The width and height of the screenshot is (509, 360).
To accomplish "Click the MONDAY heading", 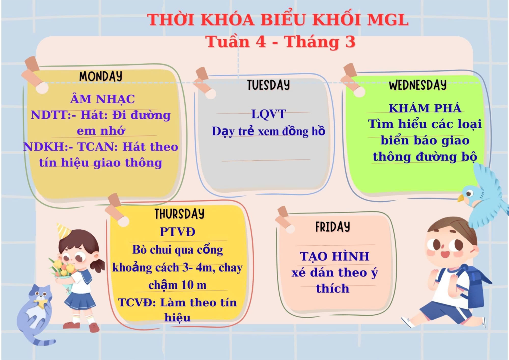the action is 101,76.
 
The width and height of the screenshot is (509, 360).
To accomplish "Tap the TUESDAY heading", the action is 269,85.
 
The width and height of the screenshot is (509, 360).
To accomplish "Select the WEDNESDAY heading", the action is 418,85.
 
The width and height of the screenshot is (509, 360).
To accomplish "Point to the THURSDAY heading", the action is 180,214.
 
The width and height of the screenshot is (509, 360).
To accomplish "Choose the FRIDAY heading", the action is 333,227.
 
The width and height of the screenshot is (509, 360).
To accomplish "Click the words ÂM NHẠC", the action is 103,99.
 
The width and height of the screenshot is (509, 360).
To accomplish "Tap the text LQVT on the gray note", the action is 269,114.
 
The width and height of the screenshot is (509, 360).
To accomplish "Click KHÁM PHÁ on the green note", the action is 425,108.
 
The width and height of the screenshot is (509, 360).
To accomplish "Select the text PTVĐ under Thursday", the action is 177,232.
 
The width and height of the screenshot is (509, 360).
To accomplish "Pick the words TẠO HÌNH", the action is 334,256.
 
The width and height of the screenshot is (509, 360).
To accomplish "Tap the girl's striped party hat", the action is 63,231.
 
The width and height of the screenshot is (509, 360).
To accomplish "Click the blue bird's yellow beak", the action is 461,198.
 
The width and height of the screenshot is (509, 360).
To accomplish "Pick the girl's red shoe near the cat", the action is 94,328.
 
